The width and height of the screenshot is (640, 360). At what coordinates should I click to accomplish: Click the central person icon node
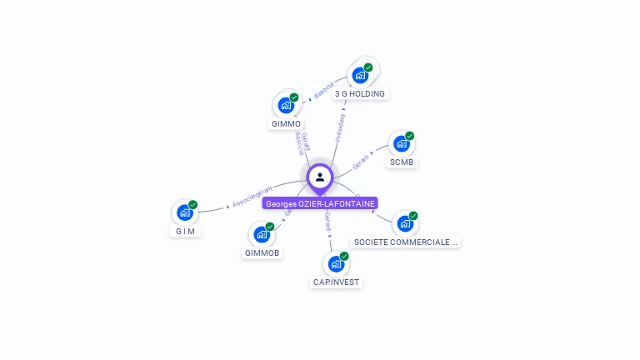[x=320, y=177]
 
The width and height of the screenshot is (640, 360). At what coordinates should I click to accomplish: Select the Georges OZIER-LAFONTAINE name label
[x=320, y=203]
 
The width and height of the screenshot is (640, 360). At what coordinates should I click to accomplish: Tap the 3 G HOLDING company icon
[x=361, y=75]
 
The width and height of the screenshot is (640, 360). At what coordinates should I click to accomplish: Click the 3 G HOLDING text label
[x=360, y=94]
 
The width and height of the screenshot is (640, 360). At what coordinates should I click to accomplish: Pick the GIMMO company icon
[x=287, y=105]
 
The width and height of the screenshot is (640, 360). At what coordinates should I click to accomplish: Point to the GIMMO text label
[x=286, y=124]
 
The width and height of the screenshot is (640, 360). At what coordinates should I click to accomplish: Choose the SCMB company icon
[x=402, y=143]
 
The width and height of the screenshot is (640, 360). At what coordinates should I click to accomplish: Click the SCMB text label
[x=401, y=162]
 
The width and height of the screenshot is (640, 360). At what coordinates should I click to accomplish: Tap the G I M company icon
[x=185, y=212]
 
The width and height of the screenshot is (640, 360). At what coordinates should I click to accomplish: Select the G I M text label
[x=185, y=231]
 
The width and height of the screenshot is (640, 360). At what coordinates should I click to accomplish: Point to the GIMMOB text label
[x=262, y=252]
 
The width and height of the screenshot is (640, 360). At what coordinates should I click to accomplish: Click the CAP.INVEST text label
[x=336, y=282]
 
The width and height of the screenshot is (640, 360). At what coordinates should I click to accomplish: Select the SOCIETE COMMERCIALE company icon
[x=405, y=223]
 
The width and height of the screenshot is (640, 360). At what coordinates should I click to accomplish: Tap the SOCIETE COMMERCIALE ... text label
[x=406, y=242]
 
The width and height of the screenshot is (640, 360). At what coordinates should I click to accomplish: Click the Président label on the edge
[x=340, y=127]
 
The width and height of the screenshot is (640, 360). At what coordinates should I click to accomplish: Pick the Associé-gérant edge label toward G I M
[x=252, y=197]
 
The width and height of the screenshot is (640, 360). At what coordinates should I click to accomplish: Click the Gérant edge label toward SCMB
[x=362, y=162]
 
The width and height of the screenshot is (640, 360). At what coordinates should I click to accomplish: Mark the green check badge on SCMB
[x=409, y=136]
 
